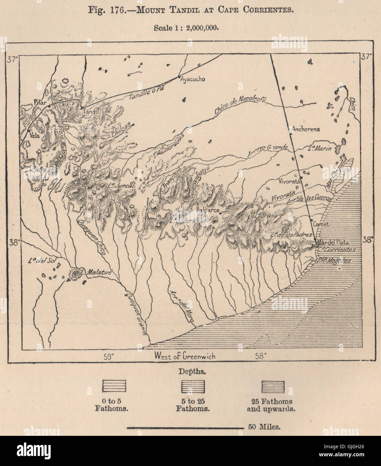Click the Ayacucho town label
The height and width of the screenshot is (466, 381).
click(193, 79)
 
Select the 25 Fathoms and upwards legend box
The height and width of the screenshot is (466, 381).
click(273, 386)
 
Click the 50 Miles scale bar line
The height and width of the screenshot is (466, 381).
click(185, 427)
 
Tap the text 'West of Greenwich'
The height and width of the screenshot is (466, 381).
click(185, 356)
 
